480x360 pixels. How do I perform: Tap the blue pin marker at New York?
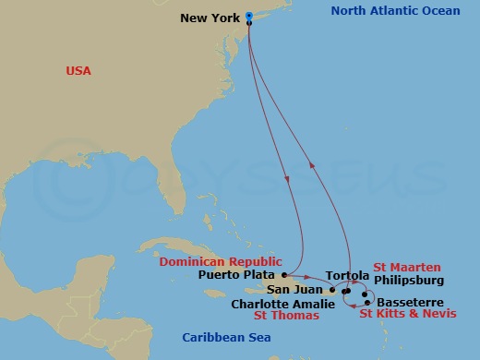click(x=250, y=16)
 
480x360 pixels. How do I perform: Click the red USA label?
click(x=79, y=71)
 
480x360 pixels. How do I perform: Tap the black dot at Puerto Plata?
click(x=283, y=275)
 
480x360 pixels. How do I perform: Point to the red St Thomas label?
click(x=286, y=315)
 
